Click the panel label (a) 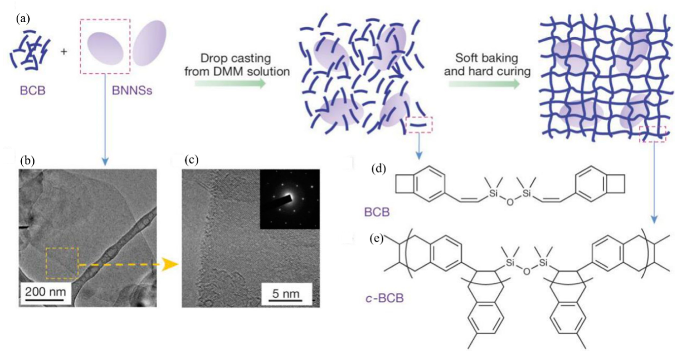tap(23, 19)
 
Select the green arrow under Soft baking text tap(484, 84)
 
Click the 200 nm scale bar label tap(45, 292)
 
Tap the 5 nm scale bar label tap(286, 294)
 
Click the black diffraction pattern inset tap(290, 199)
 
